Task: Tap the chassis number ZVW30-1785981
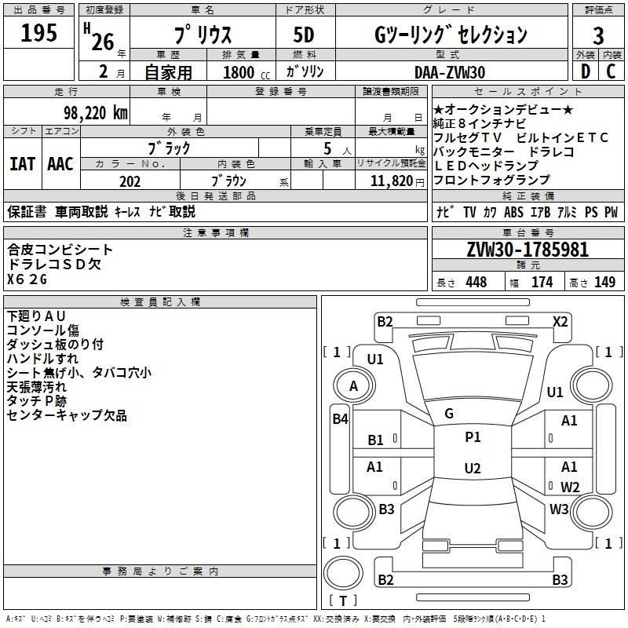[528, 250]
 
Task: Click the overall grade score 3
[598, 35]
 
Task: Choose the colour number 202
[130, 181]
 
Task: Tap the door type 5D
[305, 35]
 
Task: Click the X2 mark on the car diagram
[560, 321]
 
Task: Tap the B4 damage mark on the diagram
[339, 419]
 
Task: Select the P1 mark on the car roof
[473, 437]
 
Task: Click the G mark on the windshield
[449, 413]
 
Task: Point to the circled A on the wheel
[353, 386]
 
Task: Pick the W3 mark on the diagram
[559, 509]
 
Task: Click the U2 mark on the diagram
[472, 469]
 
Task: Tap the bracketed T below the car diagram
[343, 601]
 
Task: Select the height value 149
[604, 282]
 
